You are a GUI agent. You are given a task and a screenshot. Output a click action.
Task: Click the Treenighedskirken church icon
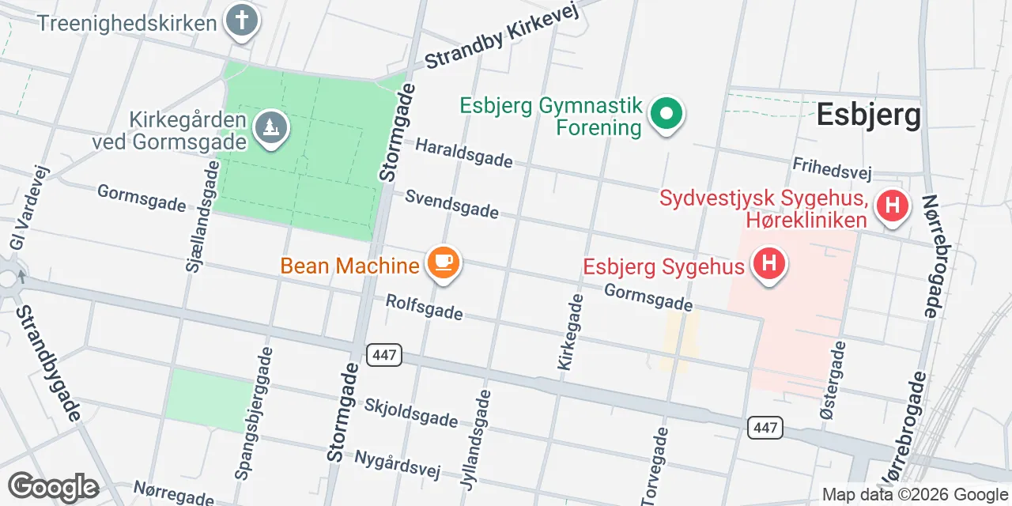click(x=242, y=21)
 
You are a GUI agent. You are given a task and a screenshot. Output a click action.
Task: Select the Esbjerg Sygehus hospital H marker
click(x=768, y=263)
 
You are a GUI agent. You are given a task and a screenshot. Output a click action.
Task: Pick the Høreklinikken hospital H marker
click(x=892, y=206)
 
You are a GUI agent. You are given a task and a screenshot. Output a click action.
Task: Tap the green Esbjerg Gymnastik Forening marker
click(x=666, y=114)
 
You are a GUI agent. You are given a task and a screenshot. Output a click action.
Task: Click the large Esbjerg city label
click(x=868, y=115)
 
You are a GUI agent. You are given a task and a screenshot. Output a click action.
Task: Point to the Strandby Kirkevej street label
click(x=503, y=35)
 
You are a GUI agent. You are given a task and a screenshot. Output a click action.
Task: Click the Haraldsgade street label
click(x=463, y=153)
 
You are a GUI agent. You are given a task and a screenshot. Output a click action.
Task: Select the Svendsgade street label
click(x=452, y=203)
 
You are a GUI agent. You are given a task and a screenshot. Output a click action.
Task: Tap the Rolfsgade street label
click(x=424, y=308)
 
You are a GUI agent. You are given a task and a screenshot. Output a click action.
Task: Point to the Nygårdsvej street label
click(x=396, y=465)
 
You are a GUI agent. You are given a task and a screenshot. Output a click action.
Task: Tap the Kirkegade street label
click(x=570, y=332)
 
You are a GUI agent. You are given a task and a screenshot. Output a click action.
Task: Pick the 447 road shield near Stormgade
click(x=384, y=355)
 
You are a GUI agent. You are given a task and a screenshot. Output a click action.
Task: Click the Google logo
click(x=53, y=487)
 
